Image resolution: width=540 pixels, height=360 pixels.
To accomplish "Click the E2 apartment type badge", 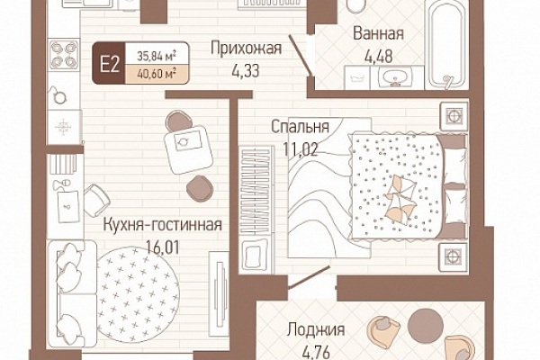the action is coord(109,63).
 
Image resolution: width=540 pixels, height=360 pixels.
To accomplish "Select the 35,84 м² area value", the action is coord(157,56).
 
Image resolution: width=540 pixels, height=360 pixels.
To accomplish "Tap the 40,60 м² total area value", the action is coord(157,73).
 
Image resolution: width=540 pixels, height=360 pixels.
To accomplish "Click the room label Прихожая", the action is coord(247,49).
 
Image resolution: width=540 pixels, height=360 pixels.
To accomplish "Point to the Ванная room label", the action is coord(379,34).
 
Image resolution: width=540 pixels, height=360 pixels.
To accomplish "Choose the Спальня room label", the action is coord(300,127).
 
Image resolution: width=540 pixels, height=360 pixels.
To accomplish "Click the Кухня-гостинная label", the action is coord(163,225).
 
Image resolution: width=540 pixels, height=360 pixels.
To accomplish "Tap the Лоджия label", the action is coord(316,329).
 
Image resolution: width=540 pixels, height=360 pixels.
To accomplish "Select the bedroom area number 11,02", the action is coord(301,148).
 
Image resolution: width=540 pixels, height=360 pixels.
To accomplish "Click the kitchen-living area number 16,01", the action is coord(163,247).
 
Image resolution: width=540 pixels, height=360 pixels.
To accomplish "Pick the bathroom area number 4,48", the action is coord(379,57).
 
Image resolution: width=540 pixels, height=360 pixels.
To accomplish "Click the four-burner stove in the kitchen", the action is coord(64,54).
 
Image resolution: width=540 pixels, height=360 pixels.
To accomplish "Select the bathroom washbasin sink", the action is coord(395,76).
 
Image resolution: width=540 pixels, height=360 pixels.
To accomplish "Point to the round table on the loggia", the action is coord(426,325).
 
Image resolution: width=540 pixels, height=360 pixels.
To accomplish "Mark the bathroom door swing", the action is coord(301,55).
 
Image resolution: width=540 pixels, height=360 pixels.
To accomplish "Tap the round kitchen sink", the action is coord(59,97).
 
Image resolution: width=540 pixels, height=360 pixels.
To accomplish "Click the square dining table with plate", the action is coord(188,149).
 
